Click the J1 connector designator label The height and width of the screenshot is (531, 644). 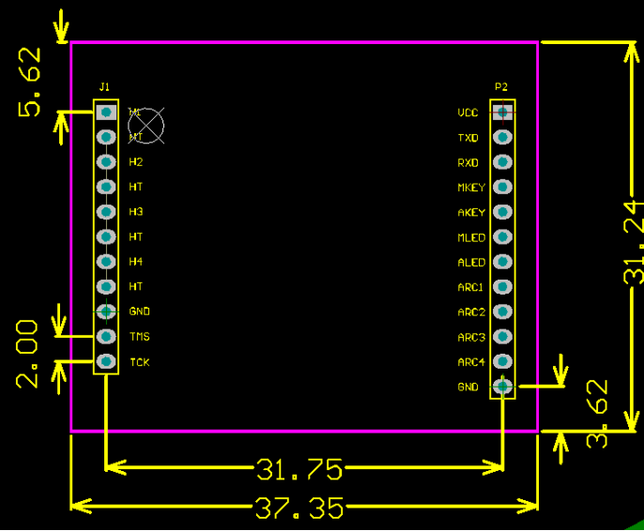(x=104, y=87)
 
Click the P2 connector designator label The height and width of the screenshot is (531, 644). (x=501, y=87)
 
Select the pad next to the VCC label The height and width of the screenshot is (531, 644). (x=503, y=112)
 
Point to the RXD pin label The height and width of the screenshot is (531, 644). (x=468, y=162)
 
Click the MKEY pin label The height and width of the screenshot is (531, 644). (x=471, y=188)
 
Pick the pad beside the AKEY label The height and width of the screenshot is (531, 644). (x=503, y=212)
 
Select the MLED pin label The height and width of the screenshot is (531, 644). (x=471, y=237)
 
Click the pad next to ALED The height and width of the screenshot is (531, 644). (x=503, y=262)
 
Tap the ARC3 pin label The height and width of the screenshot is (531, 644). (x=471, y=337)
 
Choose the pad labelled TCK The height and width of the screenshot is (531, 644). (x=106, y=361)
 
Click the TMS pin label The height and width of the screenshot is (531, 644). (x=140, y=337)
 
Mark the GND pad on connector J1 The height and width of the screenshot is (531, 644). (x=106, y=311)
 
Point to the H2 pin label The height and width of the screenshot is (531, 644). (x=136, y=162)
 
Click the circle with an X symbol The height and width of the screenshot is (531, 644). (x=146, y=124)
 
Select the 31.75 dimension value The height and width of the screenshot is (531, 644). (x=299, y=467)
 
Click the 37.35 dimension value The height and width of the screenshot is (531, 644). (x=299, y=508)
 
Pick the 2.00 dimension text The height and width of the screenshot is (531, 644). (x=28, y=354)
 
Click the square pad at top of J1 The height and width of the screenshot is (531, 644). (x=106, y=112)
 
